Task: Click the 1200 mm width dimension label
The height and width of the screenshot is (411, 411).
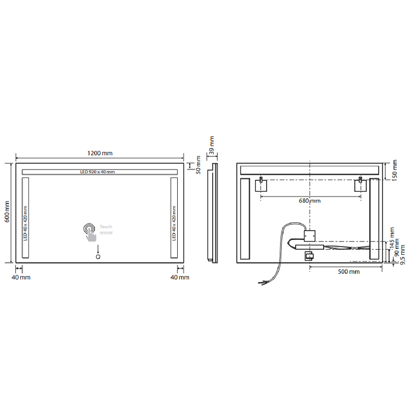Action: (100, 153)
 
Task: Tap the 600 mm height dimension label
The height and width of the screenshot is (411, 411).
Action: (7, 212)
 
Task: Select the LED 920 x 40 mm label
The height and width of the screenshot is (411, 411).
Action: (98, 172)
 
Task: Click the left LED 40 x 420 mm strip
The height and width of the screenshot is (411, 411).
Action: (25, 218)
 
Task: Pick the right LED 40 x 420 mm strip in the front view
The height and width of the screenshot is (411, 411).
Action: (174, 218)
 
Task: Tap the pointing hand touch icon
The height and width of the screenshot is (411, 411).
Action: (90, 232)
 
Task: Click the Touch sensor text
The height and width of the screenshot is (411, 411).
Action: (106, 230)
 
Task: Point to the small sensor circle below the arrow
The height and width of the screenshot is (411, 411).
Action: (98, 256)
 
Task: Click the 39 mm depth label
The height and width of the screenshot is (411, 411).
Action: (212, 145)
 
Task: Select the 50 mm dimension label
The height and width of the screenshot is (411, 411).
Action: (198, 165)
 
